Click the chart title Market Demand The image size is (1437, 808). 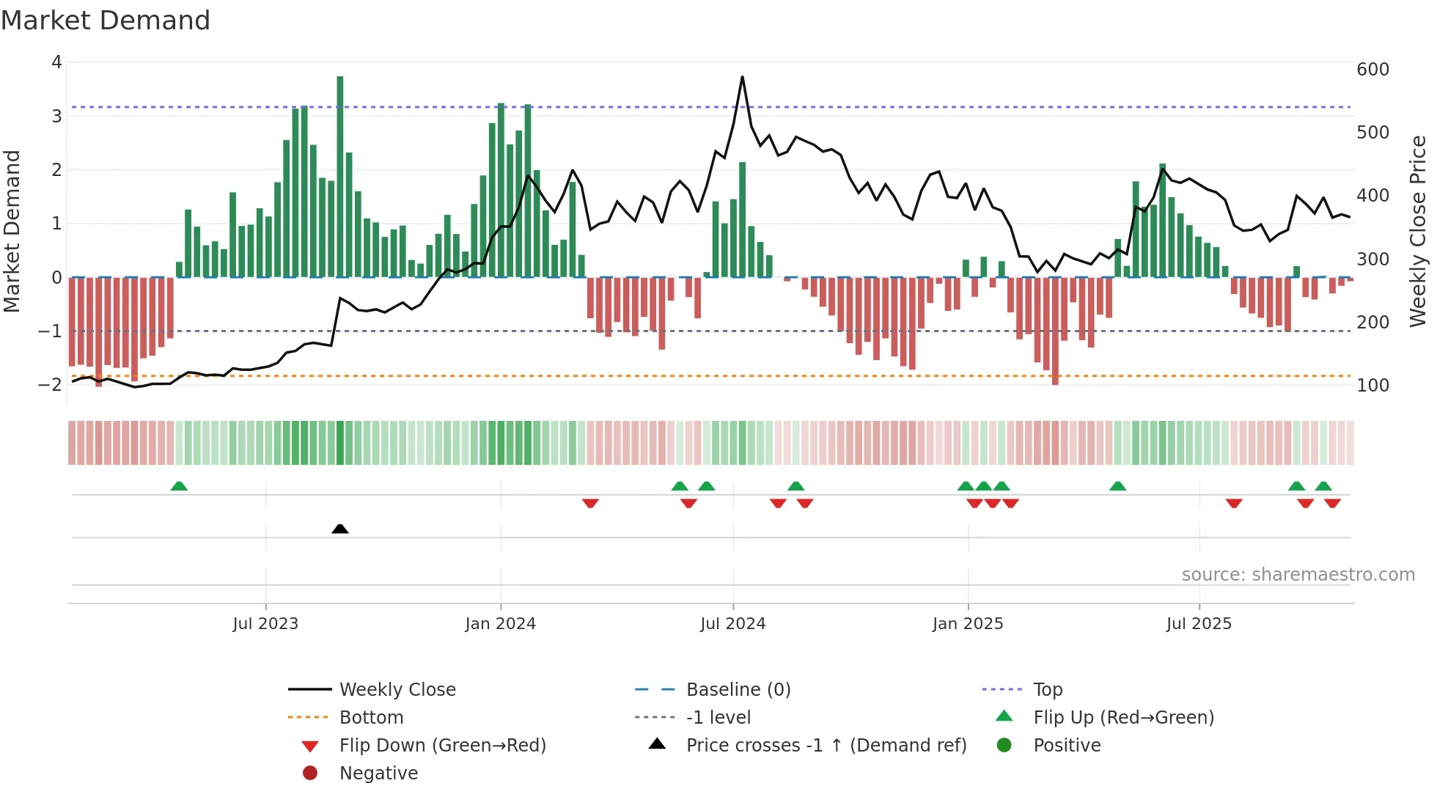pos(106,21)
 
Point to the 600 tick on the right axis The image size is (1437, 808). pos(1372,70)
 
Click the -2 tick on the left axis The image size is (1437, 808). pos(51,385)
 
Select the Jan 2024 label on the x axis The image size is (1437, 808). pos(500,624)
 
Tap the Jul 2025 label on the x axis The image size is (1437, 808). pos(1199,624)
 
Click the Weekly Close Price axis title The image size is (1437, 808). pos(1418,231)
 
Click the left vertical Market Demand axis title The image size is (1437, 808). pos(12,231)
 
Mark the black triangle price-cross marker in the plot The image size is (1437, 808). pos(339,529)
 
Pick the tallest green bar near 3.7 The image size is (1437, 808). pos(340,176)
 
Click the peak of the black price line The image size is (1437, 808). pos(742,77)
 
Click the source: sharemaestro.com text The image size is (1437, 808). pos(1298,575)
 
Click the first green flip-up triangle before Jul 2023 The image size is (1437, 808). pos(179,486)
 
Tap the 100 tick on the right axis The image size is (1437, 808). pos(1372,386)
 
